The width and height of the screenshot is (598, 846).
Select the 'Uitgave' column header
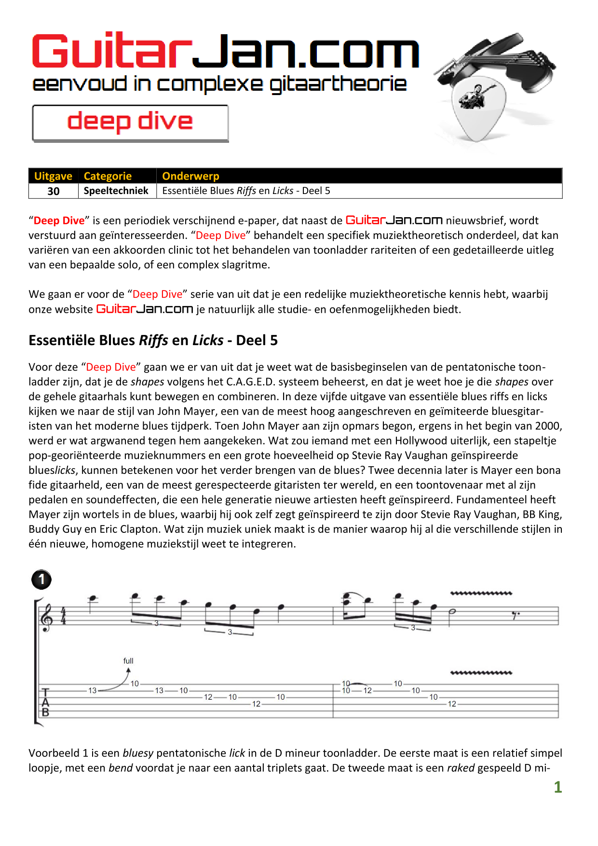(53, 176)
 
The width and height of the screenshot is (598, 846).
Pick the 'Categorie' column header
(108, 176)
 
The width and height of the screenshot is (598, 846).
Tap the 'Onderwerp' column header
(190, 176)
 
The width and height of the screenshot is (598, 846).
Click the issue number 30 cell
(54, 191)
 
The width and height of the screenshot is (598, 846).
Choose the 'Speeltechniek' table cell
(116, 191)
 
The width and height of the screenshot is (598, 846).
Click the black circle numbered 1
(41, 579)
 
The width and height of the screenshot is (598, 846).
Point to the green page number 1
(557, 787)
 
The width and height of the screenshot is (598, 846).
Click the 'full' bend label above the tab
(128, 661)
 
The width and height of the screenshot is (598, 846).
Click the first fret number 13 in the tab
(92, 691)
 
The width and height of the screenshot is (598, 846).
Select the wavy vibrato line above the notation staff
(481, 593)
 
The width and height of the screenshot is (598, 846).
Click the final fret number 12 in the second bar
(452, 704)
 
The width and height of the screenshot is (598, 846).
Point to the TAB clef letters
(45, 703)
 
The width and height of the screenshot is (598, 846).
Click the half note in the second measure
(453, 611)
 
